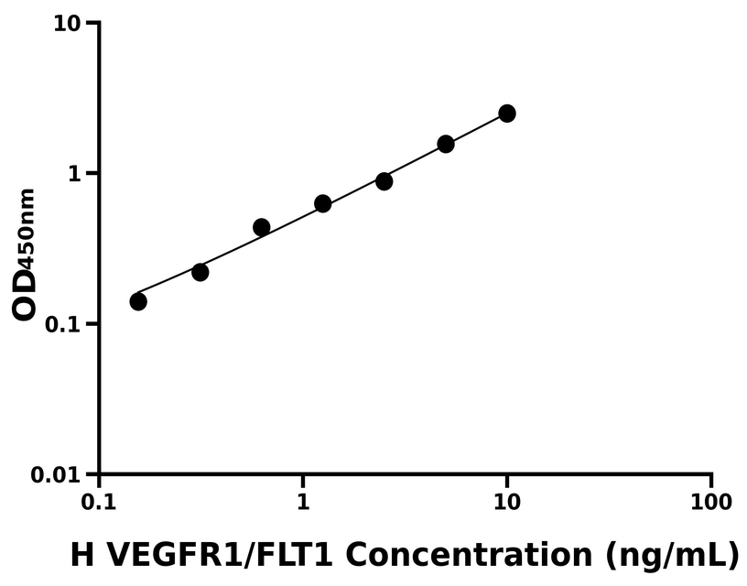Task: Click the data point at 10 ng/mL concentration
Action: pos(506,114)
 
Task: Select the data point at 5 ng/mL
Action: pos(446,144)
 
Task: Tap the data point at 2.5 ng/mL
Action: pos(384,181)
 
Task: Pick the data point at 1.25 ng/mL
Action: pos(322,203)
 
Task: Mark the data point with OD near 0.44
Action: pos(261,227)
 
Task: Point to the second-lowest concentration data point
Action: pos(200,272)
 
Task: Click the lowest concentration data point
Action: pos(138,301)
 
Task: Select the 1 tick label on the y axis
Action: pos(77,174)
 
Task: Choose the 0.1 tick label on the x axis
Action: pos(99,503)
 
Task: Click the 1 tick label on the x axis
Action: pos(303,503)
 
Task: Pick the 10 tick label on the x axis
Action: pos(507,503)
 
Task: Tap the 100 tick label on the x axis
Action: pos(711,503)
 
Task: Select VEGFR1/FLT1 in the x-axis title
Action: pos(218,554)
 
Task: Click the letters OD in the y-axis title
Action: pos(26,295)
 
